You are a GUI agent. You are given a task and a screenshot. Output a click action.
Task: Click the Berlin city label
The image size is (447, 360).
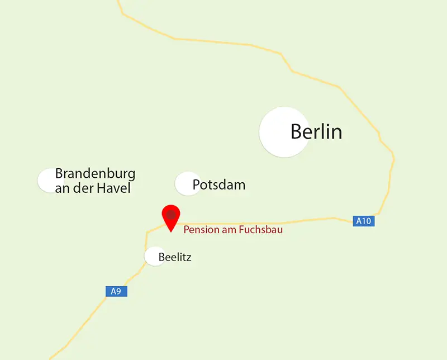(316, 132)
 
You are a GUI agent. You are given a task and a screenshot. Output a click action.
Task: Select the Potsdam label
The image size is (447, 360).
(219, 184)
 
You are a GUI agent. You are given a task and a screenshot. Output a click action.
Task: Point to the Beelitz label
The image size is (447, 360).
(175, 258)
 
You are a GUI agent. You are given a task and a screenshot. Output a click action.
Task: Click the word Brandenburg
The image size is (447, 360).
(95, 173)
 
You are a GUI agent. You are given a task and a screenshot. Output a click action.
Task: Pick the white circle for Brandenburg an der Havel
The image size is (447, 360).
(48, 180)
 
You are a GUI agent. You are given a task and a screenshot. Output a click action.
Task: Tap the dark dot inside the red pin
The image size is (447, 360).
(171, 214)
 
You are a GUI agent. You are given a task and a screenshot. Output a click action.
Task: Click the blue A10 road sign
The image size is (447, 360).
(364, 221)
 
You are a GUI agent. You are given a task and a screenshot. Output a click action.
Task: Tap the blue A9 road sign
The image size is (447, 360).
(116, 291)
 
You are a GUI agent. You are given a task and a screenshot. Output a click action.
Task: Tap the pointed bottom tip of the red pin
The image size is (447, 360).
(171, 231)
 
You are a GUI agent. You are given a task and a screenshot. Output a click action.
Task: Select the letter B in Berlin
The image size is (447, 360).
(297, 132)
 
